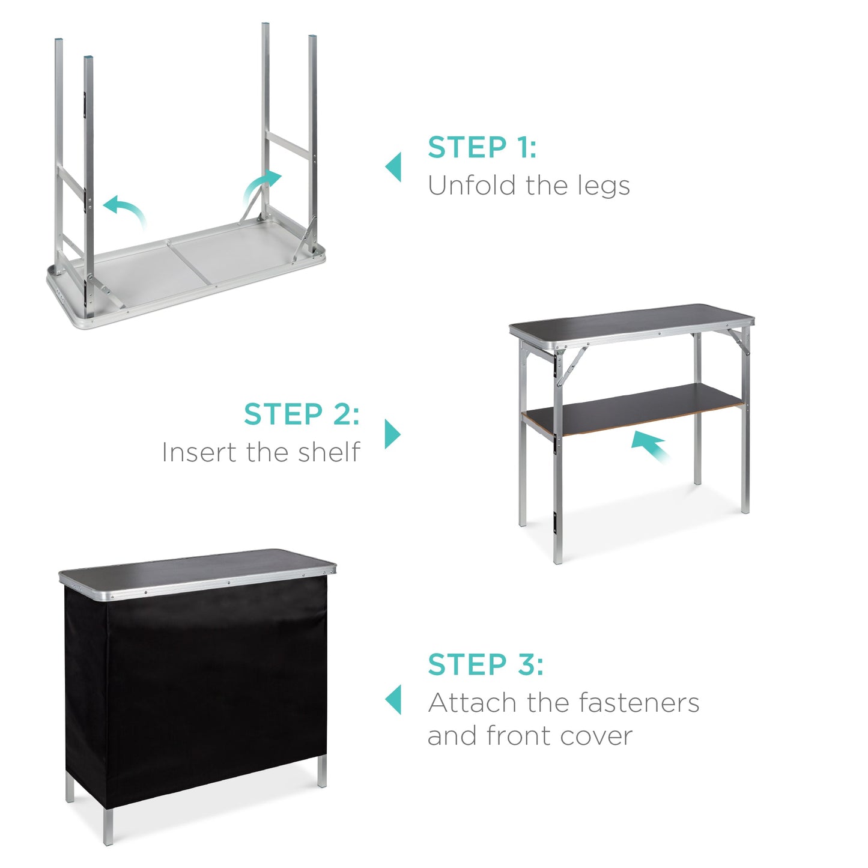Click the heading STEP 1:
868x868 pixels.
click(x=482, y=148)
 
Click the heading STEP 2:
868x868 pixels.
click(x=302, y=414)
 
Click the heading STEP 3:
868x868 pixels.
click(x=485, y=664)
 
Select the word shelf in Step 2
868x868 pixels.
click(x=329, y=452)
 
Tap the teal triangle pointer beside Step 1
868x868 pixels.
click(x=393, y=167)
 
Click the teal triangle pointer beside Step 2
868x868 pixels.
click(x=392, y=434)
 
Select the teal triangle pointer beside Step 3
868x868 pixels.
click(x=393, y=700)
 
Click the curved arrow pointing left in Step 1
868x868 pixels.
click(x=125, y=210)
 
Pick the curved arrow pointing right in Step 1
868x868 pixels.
click(x=261, y=186)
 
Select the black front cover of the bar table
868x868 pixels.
click(x=198, y=691)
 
